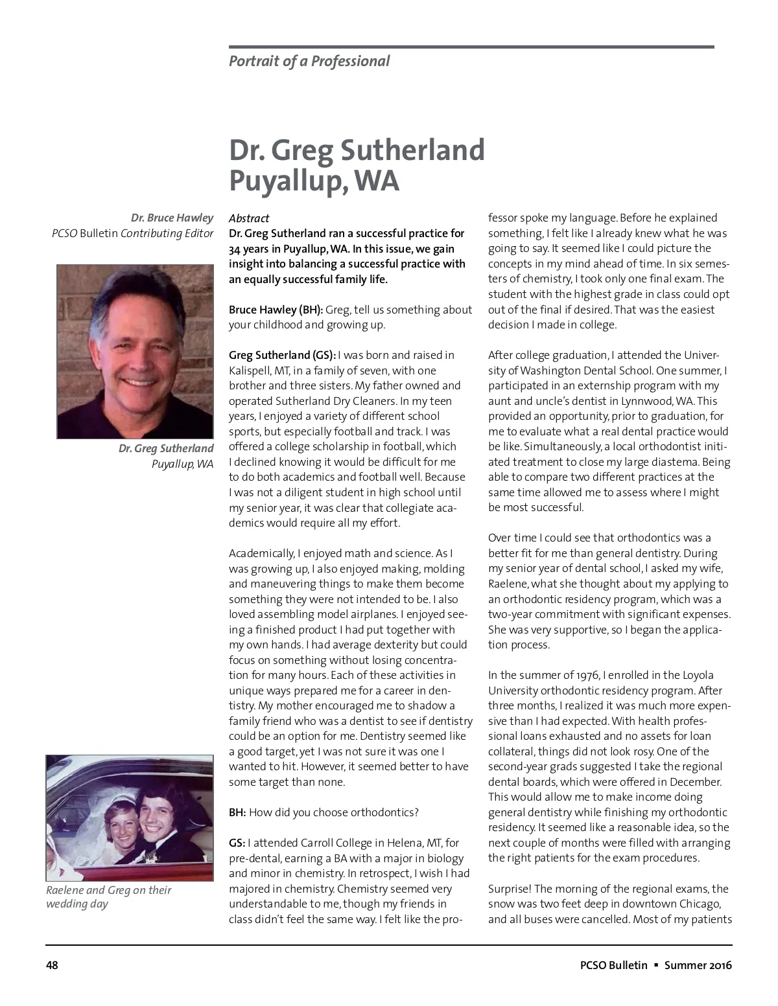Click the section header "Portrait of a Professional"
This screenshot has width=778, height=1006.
[x=309, y=62]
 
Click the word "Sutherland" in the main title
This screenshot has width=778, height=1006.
[x=412, y=150]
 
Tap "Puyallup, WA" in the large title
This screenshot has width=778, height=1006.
[x=314, y=181]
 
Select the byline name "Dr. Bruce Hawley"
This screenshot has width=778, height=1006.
[x=172, y=218]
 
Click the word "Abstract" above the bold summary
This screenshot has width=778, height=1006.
[x=249, y=218]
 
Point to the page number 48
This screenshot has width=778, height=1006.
[x=52, y=965]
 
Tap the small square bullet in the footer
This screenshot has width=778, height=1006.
[x=656, y=965]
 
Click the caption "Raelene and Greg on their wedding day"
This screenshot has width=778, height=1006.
[x=108, y=897]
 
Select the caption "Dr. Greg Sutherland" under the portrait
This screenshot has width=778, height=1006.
[x=166, y=448]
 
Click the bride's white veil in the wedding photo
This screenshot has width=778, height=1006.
[x=117, y=803]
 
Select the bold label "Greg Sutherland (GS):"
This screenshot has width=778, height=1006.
[x=282, y=355]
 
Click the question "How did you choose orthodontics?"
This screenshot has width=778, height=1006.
[x=333, y=812]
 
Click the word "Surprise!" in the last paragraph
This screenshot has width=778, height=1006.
[x=510, y=889]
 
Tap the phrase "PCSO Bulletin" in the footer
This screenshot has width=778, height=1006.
[x=613, y=965]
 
